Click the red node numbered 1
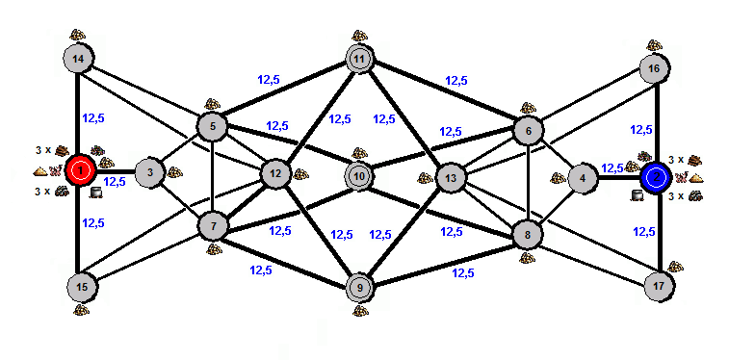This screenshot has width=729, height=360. click(81, 170)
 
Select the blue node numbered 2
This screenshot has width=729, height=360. click(656, 177)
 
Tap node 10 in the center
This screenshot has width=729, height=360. click(359, 176)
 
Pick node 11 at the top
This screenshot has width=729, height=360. click(359, 60)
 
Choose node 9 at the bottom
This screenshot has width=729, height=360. click(360, 288)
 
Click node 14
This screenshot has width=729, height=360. click(79, 59)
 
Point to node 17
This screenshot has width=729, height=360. click(660, 285)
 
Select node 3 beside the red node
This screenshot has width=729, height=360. click(150, 172)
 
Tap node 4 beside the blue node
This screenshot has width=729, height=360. click(583, 178)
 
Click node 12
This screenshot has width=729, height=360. click(275, 174)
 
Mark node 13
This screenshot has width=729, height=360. click(451, 178)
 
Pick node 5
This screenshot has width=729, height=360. click(213, 125)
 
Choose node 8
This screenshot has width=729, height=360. click(527, 235)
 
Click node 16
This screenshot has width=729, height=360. click(655, 68)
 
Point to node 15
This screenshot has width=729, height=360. click(82, 287)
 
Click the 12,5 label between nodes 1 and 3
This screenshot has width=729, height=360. click(115, 182)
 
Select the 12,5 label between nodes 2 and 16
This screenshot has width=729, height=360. click(641, 130)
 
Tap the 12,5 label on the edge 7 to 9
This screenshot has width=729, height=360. click(261, 270)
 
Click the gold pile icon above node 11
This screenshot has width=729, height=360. click(359, 36)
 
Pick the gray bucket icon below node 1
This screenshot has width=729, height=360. click(95, 193)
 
